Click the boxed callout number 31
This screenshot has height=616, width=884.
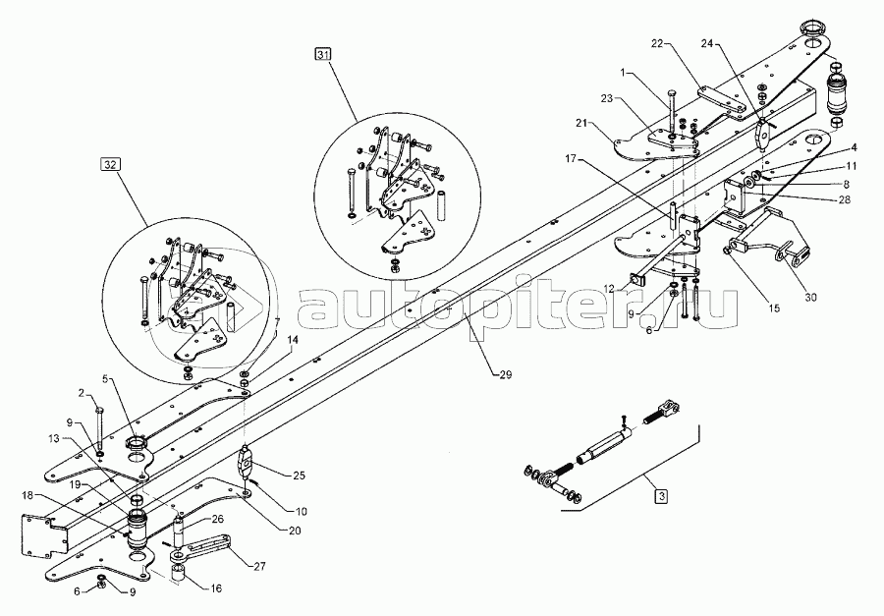pyautogui.click(x=323, y=55)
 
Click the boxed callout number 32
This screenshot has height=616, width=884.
pyautogui.click(x=110, y=165)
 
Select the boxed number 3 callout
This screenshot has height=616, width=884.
pyautogui.click(x=661, y=496)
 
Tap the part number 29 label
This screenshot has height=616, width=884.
pyautogui.click(x=506, y=374)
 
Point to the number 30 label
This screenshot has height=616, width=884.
pyautogui.click(x=810, y=298)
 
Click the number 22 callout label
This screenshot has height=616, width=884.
pyautogui.click(x=658, y=43)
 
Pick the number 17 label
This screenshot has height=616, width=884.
pyautogui.click(x=571, y=159)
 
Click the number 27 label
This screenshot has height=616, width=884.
pyautogui.click(x=259, y=566)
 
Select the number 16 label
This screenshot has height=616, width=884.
pyautogui.click(x=215, y=588)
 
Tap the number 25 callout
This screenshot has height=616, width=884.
pyautogui.click(x=299, y=476)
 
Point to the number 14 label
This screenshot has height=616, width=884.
pyautogui.click(x=292, y=340)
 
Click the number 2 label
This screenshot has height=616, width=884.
pyautogui.click(x=82, y=393)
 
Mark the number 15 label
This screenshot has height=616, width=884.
pyautogui.click(x=774, y=308)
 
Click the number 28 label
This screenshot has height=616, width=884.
pyautogui.click(x=844, y=199)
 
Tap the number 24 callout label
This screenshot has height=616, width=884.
pyautogui.click(x=708, y=43)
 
